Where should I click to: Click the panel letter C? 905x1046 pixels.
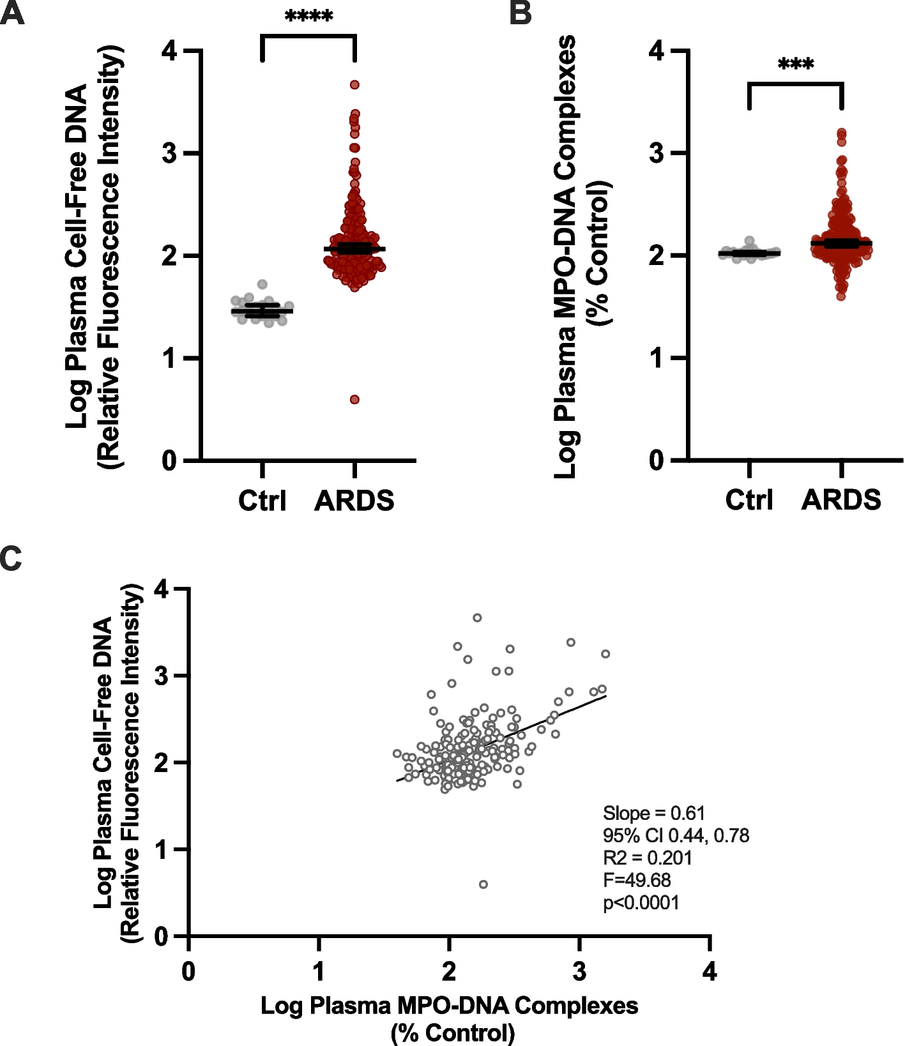(x=11, y=558)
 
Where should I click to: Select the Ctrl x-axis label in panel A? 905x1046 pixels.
(x=262, y=501)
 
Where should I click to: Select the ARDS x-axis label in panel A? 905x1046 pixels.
(x=354, y=501)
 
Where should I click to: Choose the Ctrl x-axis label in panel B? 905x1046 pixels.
(x=749, y=500)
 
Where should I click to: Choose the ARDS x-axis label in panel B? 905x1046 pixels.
(x=841, y=500)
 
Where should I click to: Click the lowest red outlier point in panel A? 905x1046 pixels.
(x=354, y=400)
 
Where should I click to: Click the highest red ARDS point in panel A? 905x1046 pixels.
(x=354, y=85)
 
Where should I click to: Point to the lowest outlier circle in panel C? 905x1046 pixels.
(x=483, y=884)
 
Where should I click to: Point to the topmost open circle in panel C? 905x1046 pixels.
(x=477, y=618)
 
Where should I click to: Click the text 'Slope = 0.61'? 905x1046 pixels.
(x=654, y=814)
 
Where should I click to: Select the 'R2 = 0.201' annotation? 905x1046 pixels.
(x=648, y=858)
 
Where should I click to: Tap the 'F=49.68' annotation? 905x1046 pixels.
(x=637, y=881)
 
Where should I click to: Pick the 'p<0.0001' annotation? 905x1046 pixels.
(x=641, y=903)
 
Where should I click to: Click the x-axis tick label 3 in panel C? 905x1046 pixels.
(x=579, y=972)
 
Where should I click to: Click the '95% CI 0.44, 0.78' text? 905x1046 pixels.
(x=676, y=836)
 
